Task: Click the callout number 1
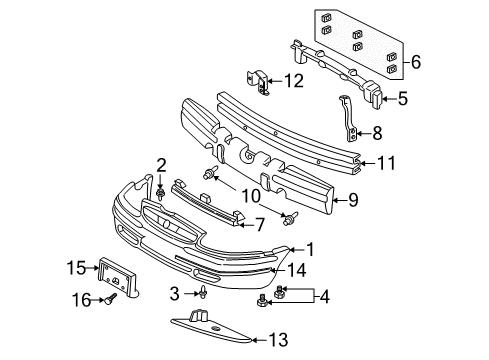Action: click(310, 249)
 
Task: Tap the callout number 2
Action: click(160, 164)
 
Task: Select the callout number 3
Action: click(176, 293)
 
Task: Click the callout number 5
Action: click(403, 98)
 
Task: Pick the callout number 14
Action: click(295, 269)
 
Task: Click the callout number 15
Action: click(76, 267)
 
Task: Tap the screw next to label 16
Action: click(108, 298)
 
